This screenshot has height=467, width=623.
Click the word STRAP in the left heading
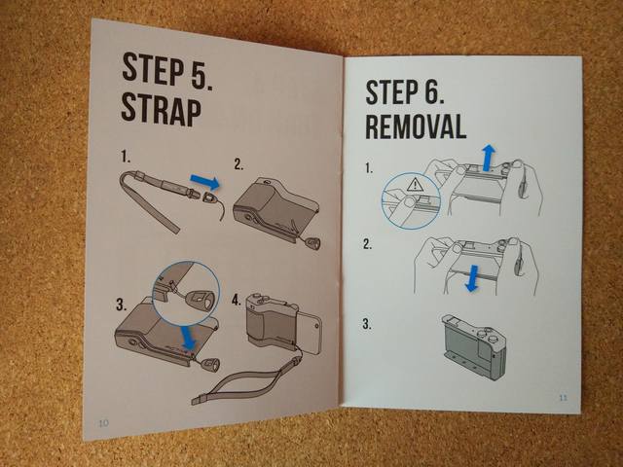161,110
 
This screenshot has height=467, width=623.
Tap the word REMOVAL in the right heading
416,126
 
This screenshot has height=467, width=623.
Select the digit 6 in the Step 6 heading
430,92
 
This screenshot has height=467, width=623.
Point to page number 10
103,423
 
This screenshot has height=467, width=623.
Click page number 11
563,398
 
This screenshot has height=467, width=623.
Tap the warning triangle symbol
416,184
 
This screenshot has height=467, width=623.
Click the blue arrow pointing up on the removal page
489,158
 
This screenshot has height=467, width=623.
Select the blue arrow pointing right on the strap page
205,182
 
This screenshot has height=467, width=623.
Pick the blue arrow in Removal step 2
473,278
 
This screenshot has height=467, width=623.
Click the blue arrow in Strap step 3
189,336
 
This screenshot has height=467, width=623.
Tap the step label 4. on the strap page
237,300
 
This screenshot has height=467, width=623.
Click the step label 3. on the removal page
367,324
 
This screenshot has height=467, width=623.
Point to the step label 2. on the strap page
238,164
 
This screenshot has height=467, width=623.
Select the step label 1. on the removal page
369,168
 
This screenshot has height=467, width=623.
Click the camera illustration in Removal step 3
474,347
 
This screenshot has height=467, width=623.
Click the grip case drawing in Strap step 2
276,209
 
